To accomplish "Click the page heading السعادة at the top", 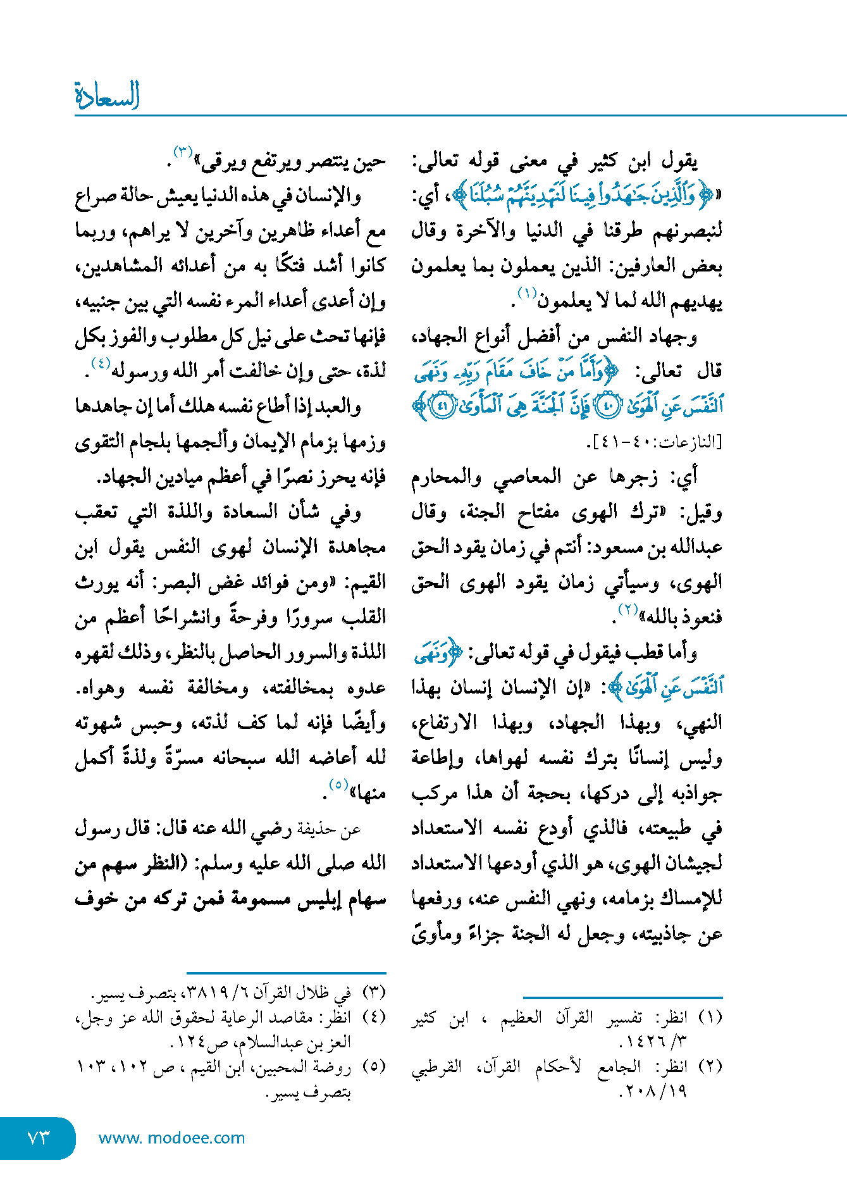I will [x=107, y=96].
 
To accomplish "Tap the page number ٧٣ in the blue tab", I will [x=38, y=1138].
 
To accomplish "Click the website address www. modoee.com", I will [x=171, y=1138].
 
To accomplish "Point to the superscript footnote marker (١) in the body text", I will [x=527, y=293].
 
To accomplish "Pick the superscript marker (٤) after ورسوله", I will [x=101, y=363].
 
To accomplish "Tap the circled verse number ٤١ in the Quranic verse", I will [x=442, y=406].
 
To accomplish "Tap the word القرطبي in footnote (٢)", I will [x=436, y=1067].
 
